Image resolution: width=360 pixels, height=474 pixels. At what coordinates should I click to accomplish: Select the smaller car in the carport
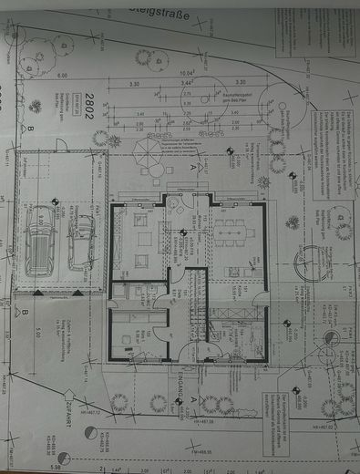80,239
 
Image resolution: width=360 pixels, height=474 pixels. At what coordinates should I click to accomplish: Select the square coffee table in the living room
140,239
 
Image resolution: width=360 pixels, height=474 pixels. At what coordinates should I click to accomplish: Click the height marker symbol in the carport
56,202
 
